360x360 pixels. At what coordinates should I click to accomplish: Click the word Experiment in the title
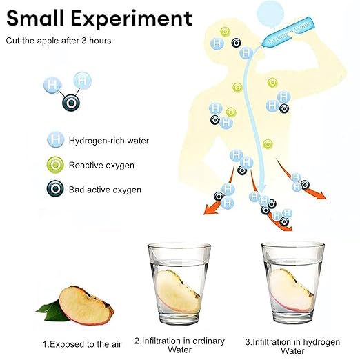coord(132,19)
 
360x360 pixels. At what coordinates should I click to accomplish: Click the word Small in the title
coord(35,18)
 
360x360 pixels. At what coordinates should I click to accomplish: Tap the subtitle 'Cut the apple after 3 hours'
coord(59,41)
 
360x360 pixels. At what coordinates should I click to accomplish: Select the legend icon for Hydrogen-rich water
coord(55,139)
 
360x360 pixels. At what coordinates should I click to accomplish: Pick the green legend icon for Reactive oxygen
coord(55,165)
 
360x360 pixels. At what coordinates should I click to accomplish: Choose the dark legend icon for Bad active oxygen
coord(55,189)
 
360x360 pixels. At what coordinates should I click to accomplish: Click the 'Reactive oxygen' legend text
coord(101,166)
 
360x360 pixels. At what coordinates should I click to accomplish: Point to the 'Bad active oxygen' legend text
coord(105,190)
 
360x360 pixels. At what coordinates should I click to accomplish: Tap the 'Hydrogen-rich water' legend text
coord(109,141)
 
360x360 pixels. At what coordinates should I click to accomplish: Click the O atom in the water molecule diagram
coord(71,103)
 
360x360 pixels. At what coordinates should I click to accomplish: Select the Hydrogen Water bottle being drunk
coord(288,32)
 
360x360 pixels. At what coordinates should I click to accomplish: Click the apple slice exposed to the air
coord(87,306)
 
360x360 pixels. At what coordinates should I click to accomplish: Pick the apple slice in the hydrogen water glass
coord(291,290)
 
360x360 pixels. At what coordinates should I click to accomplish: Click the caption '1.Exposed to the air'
coord(82,344)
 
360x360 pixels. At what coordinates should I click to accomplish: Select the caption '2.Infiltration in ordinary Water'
coord(179,345)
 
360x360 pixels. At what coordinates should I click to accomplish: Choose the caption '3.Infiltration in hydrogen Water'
coord(292,346)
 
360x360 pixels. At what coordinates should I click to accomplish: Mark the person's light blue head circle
coord(270,13)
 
